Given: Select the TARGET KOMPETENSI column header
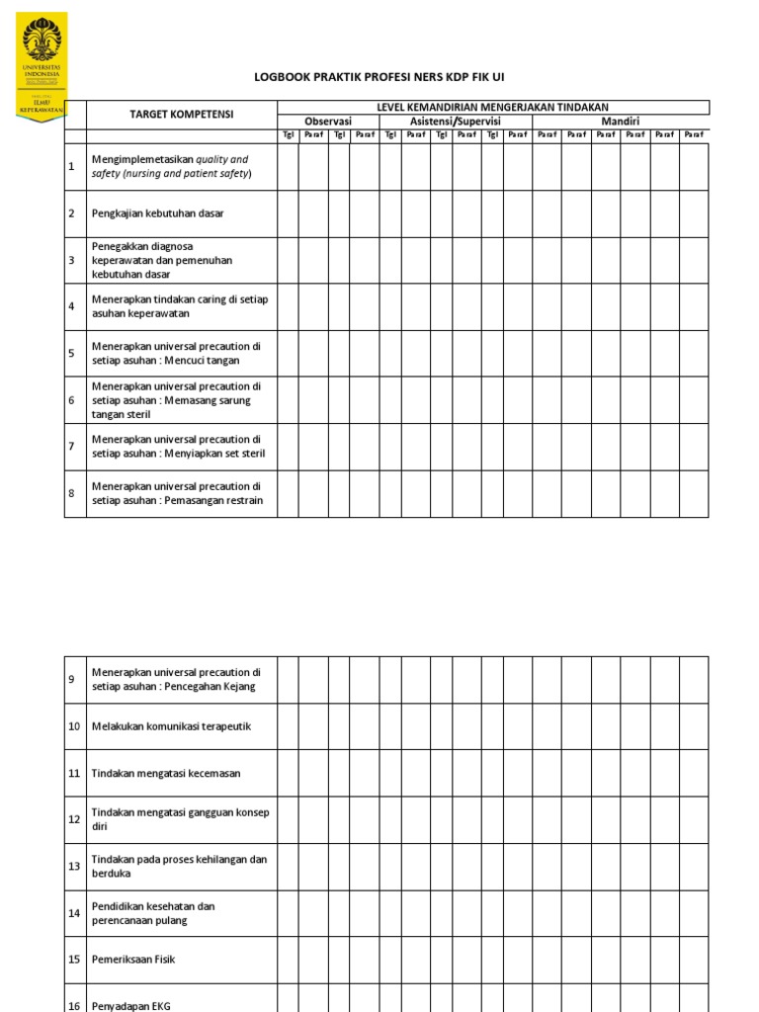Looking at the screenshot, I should coord(182,115).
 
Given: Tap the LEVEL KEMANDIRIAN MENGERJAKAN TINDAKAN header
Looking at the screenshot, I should coord(492,107).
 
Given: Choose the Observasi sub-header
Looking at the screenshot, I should coord(328,122).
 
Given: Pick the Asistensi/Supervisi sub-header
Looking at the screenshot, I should coord(456,122).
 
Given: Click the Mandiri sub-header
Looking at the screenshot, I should coord(620,122).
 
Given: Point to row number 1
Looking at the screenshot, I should coord(71,167).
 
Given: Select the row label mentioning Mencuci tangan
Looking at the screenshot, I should coord(175,354).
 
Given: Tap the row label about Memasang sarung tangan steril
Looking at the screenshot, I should coord(175,400).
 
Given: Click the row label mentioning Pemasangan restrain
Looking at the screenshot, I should coord(176,493).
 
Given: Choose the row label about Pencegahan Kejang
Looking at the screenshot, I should coord(175,679).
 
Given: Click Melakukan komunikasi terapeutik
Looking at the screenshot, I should coord(171,726).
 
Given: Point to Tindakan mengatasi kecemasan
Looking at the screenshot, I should coord(165,773).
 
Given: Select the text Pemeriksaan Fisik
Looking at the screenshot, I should coord(132,960).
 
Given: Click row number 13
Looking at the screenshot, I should coord(74,867).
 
